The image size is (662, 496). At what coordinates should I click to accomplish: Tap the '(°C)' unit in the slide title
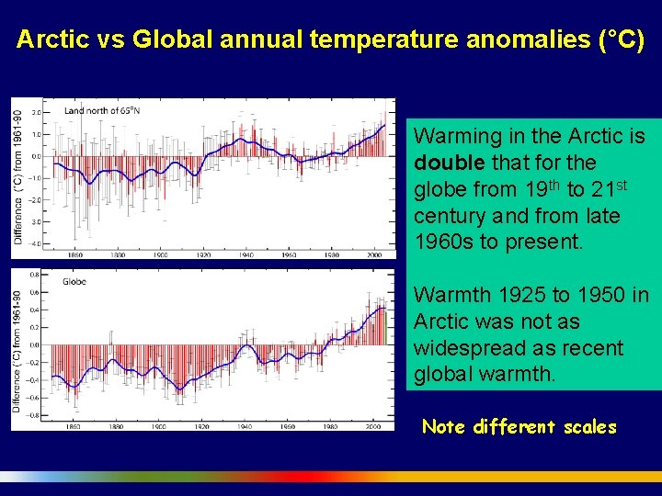(620, 40)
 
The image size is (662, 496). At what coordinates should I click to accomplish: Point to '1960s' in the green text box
(442, 243)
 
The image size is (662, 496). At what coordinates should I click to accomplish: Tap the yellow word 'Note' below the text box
(444, 427)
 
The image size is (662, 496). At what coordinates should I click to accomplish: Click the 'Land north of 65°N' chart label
(102, 111)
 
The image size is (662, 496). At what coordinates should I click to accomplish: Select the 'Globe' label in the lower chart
(74, 282)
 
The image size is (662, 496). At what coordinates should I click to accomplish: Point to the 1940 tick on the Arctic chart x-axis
(246, 254)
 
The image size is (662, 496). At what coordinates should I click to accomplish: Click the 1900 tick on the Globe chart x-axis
(159, 427)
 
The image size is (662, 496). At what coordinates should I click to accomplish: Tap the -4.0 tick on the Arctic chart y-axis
(36, 243)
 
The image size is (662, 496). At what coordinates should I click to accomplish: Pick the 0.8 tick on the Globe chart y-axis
(34, 274)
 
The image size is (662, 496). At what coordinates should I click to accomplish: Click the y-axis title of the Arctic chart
(18, 177)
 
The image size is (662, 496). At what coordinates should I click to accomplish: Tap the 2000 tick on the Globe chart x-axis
(374, 427)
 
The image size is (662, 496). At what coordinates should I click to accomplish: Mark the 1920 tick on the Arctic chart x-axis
(203, 254)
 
